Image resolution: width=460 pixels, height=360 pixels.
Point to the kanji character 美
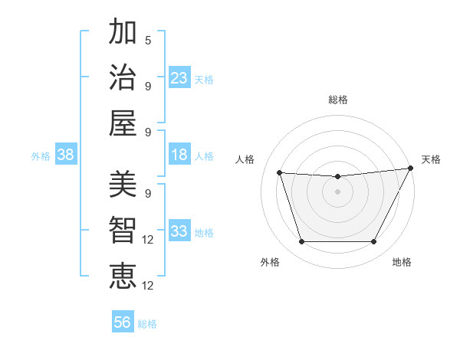click(x=123, y=184)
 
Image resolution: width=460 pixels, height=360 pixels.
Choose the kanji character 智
click(x=123, y=229)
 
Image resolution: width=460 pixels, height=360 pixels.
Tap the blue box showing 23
click(x=179, y=77)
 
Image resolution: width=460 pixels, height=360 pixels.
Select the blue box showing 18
click(x=179, y=155)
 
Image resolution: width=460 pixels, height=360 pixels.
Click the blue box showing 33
click(x=179, y=231)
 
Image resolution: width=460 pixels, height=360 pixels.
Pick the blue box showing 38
click(x=66, y=155)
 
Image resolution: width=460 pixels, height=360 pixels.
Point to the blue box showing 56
click(x=123, y=322)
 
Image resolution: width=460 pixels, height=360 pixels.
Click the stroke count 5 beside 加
click(x=148, y=40)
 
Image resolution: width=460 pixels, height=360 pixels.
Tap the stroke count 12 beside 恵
click(x=148, y=285)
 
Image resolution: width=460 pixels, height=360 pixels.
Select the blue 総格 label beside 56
click(x=147, y=324)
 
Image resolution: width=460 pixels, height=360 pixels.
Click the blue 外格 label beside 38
click(x=41, y=156)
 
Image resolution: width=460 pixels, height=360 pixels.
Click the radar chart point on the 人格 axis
click(x=279, y=173)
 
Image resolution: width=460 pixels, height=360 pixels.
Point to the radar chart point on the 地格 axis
click(x=374, y=242)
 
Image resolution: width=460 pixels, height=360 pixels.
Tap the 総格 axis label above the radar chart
click(x=338, y=100)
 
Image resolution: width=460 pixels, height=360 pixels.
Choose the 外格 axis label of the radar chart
click(x=270, y=262)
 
